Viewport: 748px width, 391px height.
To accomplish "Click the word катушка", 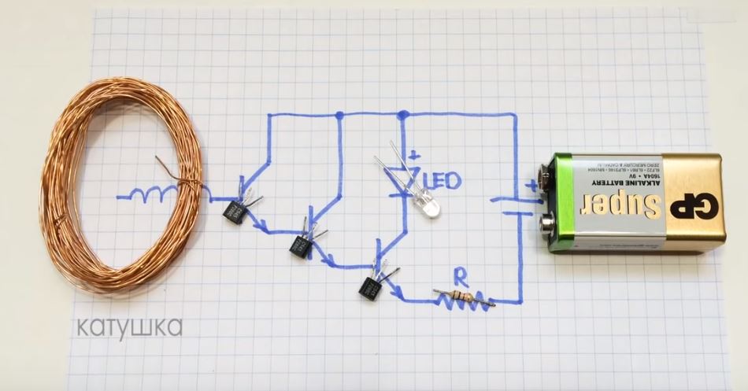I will click(x=129, y=326).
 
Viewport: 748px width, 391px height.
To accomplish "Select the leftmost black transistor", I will click(x=235, y=210).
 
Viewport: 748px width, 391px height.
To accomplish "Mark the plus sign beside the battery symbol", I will click(x=534, y=186).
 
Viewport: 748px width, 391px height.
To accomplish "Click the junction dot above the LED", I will click(x=403, y=116).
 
